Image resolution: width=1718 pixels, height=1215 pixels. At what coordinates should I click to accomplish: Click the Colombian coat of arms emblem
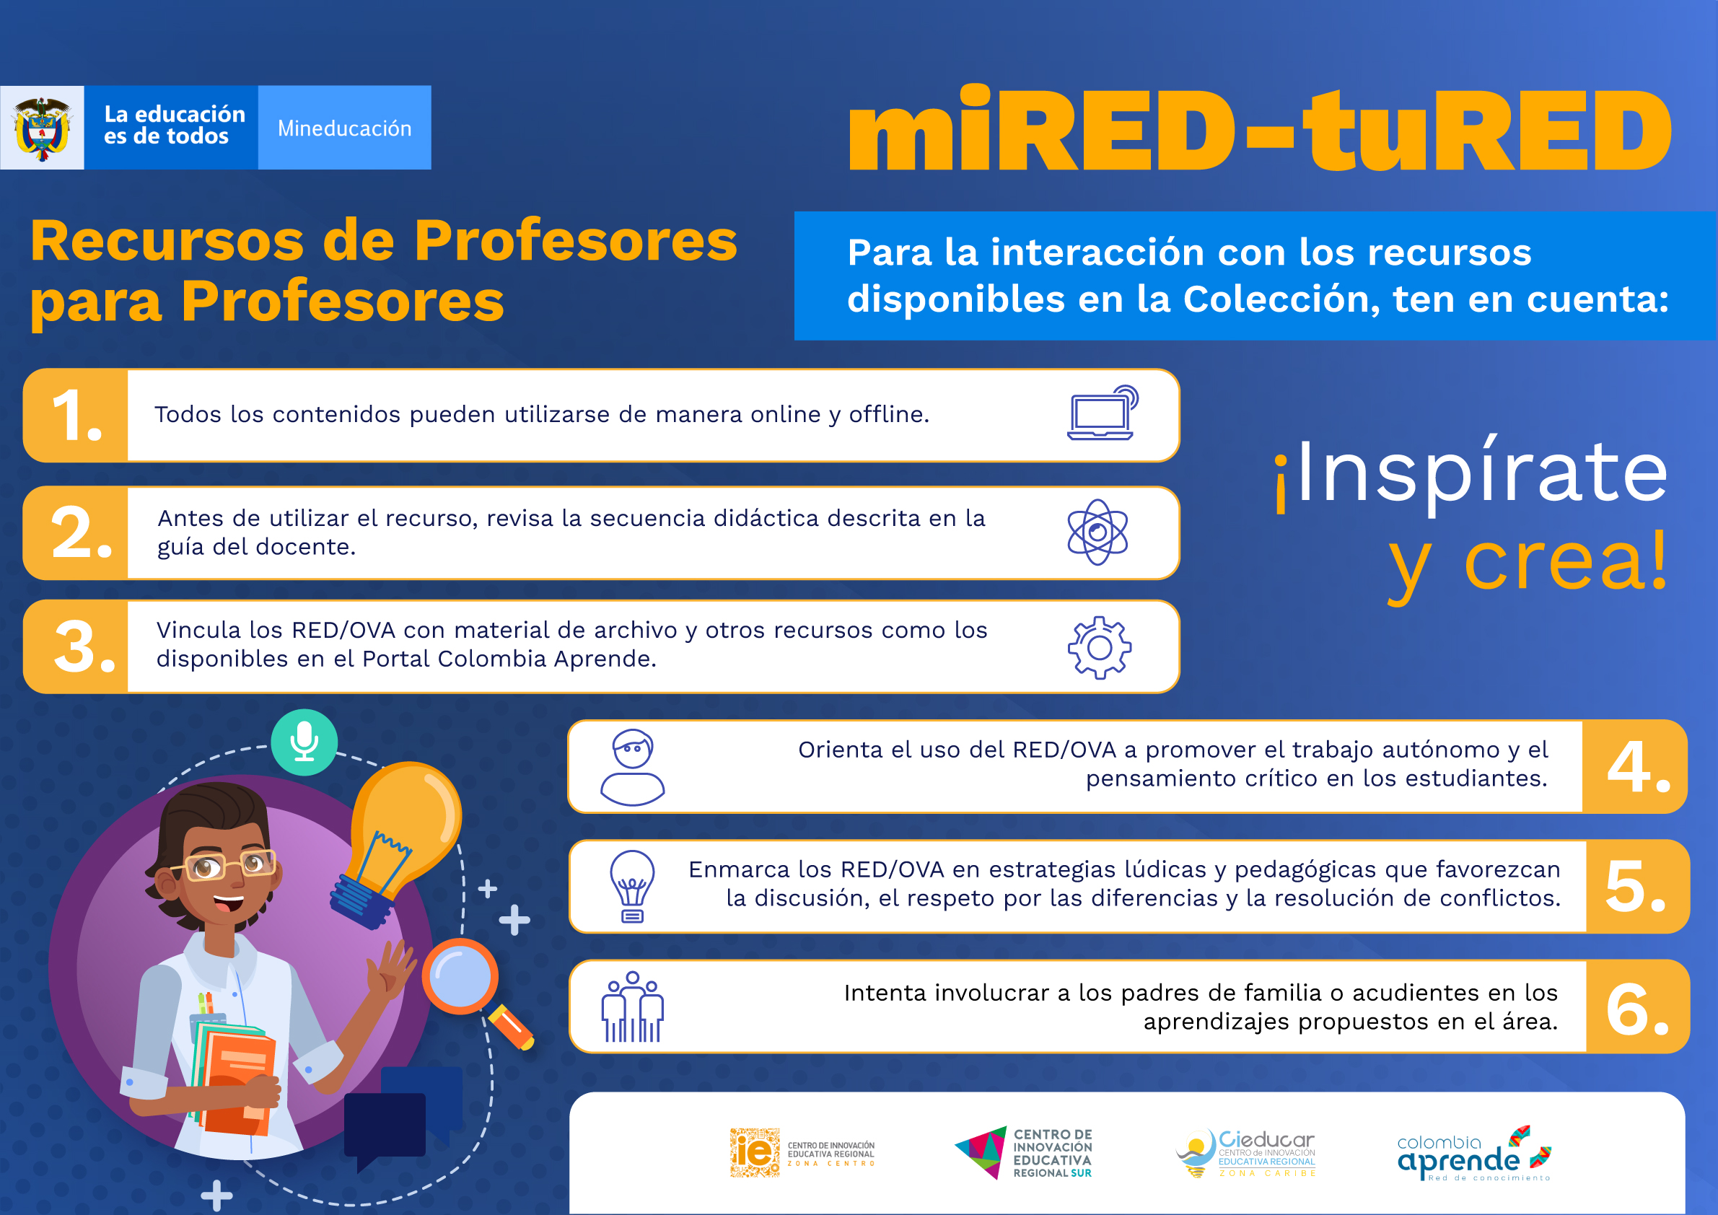pos(43,128)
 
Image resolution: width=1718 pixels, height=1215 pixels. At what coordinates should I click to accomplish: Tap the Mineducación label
pos(344,128)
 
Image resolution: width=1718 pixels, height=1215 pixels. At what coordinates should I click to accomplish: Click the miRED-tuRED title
pos(1259,130)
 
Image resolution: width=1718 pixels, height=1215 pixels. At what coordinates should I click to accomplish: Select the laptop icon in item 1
pos(1101,413)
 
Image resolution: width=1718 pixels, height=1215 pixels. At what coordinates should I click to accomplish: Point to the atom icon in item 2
pos(1097,532)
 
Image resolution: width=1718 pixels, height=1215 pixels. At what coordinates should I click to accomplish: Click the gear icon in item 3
pos(1098,648)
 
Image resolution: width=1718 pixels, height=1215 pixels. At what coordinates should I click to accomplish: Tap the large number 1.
pos(76,416)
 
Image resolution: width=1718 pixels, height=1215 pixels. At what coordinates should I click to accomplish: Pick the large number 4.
pos(1637,767)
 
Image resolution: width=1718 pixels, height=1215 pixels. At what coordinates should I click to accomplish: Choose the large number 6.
pos(1637,1009)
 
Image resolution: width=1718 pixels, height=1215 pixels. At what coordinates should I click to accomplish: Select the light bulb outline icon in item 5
pos(632,886)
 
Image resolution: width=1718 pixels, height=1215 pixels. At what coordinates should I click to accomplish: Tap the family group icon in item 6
pos(632,1007)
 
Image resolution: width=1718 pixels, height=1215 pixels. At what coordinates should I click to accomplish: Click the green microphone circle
pos(304,742)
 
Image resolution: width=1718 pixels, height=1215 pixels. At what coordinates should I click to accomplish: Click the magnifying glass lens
pos(460,975)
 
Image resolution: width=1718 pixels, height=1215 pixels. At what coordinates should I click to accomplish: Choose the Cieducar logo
pos(1245,1152)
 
